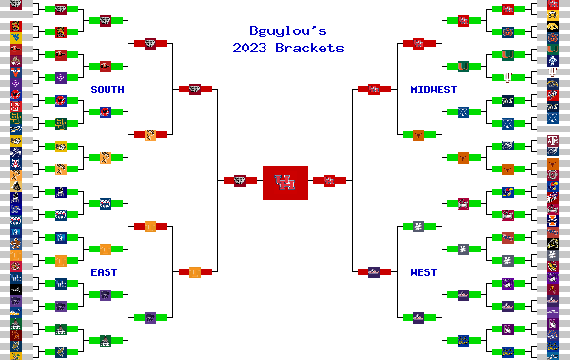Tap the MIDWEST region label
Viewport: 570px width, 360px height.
433,90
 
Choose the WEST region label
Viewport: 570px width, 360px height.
423,272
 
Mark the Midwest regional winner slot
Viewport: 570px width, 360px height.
374,89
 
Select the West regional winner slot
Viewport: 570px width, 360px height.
374,271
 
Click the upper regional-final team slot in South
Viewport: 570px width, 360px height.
150,43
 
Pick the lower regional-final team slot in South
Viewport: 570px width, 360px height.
150,134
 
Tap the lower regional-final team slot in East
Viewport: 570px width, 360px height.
150,317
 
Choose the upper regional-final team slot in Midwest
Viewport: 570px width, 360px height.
419,43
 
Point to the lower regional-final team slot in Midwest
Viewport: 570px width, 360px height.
419,134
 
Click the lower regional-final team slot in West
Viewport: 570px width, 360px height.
419,317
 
